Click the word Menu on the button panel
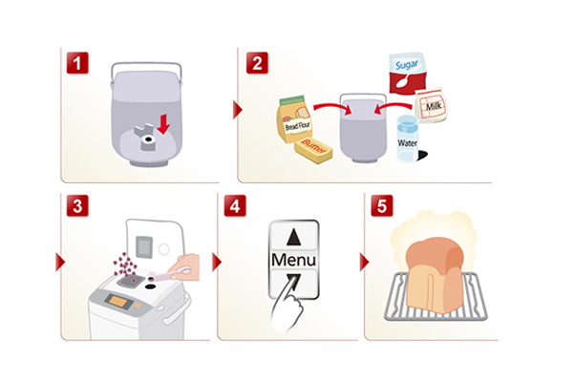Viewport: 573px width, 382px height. click(x=291, y=260)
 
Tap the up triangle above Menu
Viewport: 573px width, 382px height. click(x=291, y=235)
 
